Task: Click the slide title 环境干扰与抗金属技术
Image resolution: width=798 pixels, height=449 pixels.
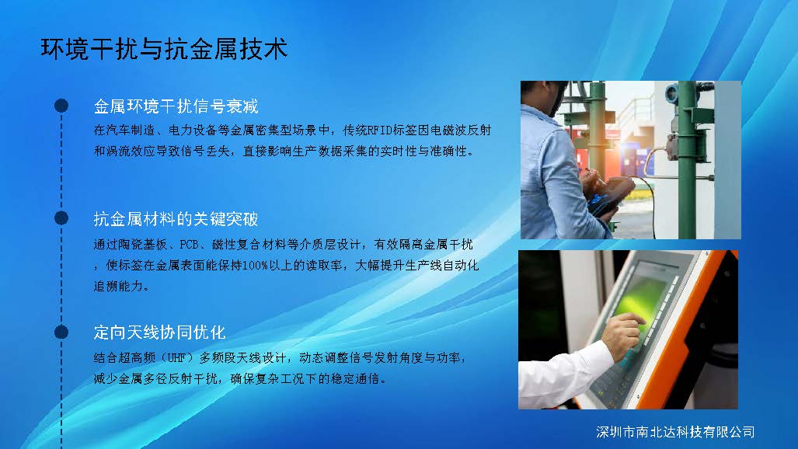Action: (x=164, y=49)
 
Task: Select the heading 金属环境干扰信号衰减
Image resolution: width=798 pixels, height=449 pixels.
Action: (x=176, y=106)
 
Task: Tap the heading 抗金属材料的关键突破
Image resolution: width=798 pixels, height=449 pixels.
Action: (x=176, y=219)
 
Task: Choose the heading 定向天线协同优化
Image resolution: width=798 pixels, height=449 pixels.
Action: (x=159, y=332)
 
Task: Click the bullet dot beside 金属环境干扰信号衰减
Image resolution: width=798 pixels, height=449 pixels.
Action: (x=61, y=106)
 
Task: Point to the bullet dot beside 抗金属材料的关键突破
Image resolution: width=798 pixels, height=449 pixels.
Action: (x=61, y=218)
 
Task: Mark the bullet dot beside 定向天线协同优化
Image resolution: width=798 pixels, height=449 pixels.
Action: (x=61, y=332)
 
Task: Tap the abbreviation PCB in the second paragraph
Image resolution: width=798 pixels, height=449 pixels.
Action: (x=189, y=245)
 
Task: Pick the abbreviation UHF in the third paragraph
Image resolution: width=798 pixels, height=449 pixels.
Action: (x=176, y=358)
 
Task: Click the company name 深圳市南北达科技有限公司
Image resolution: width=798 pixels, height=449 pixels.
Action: (x=675, y=432)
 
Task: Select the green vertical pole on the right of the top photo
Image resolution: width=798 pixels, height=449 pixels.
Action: (x=687, y=160)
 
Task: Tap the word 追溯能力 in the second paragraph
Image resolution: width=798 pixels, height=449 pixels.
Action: (x=118, y=286)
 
